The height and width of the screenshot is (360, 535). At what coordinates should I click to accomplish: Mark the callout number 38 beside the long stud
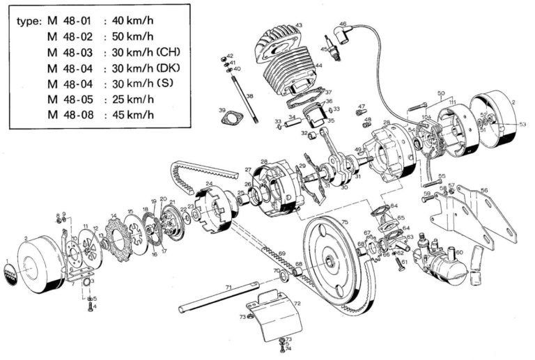[x=249, y=95]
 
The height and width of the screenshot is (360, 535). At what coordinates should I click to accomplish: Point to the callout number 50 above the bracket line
[x=440, y=93]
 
